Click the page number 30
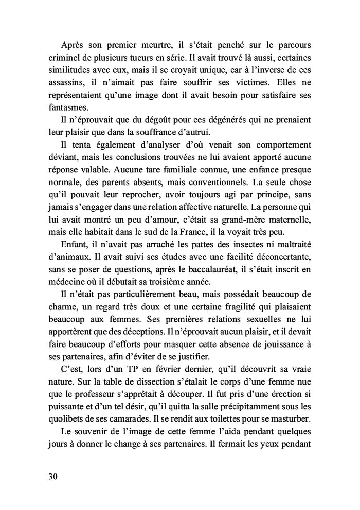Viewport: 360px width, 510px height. [x=53, y=477]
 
